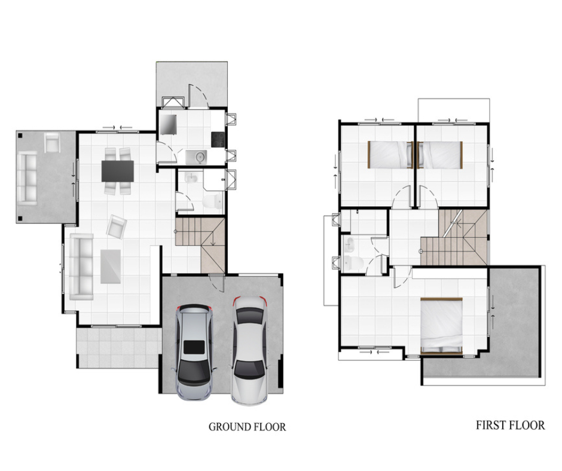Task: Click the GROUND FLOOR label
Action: (248, 427)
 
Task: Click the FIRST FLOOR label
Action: (511, 425)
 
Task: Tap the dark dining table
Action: (118, 171)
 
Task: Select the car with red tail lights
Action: (249, 350)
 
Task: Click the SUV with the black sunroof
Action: (194, 353)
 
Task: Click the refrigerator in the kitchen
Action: (168, 125)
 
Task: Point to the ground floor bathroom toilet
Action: (212, 202)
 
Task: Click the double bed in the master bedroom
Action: (442, 326)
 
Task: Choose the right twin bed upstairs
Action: (440, 154)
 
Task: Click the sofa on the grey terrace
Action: (28, 178)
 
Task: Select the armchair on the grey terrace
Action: (52, 142)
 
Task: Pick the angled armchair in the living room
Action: (117, 227)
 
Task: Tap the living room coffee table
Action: (111, 267)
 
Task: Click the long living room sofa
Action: (81, 267)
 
